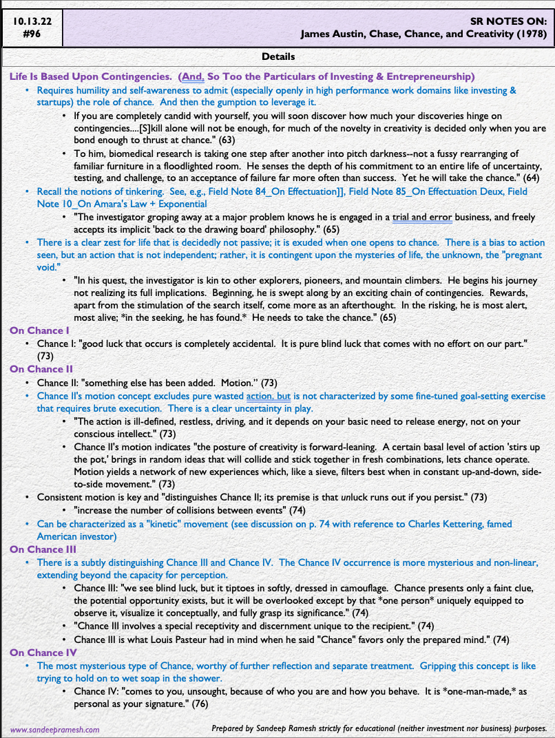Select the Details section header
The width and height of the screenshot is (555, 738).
[278, 56]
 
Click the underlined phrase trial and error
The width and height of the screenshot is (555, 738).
[421, 217]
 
